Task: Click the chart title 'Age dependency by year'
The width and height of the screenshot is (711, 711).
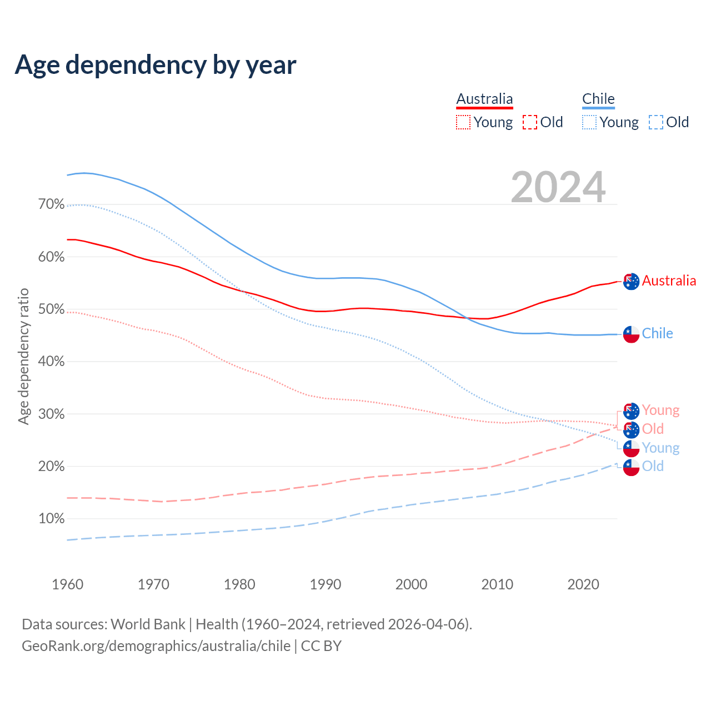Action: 156,64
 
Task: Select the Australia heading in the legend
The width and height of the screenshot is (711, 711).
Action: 484,99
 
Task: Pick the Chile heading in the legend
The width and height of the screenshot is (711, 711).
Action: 598,99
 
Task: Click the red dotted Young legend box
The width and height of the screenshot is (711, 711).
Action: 463,122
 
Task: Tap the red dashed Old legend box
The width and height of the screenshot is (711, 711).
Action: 530,122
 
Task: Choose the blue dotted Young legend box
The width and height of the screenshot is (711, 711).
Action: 589,122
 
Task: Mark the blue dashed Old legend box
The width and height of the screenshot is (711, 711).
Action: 656,122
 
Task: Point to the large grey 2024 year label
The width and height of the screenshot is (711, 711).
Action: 558,187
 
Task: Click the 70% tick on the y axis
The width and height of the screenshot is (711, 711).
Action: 51,204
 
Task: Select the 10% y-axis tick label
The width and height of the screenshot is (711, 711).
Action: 51,519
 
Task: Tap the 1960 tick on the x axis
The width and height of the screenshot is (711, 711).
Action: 67,584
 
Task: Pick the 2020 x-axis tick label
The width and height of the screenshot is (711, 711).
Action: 583,584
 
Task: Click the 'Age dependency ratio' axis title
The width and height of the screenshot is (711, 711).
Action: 23,356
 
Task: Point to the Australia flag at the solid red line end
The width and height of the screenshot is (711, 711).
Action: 631,282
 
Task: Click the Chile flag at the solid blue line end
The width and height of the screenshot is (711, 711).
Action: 631,334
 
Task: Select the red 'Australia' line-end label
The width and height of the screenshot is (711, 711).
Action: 669,281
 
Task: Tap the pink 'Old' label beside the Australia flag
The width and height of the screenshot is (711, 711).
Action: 653,429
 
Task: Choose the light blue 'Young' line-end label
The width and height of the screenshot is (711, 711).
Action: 660,448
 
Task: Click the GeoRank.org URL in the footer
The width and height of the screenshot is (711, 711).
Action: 156,646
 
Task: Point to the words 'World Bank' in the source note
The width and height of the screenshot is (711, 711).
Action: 148,624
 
